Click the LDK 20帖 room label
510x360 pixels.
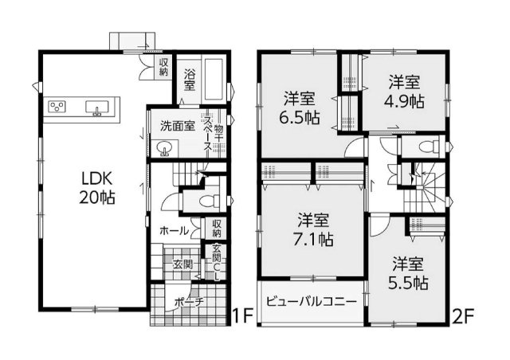click(x=97, y=188)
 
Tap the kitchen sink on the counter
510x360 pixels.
click(x=96, y=108)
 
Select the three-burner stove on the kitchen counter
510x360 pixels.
click(x=57, y=107)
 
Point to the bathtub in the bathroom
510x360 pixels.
click(x=213, y=80)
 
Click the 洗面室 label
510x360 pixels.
click(x=178, y=126)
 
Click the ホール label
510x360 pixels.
click(x=174, y=231)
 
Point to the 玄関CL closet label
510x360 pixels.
click(x=217, y=262)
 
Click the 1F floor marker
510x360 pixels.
click(x=242, y=315)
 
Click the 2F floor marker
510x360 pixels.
click(x=463, y=315)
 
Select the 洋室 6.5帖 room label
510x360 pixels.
click(x=300, y=108)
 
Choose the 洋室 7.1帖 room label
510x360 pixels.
click(x=313, y=230)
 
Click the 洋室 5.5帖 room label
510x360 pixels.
click(x=408, y=273)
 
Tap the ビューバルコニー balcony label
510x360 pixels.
click(x=312, y=302)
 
